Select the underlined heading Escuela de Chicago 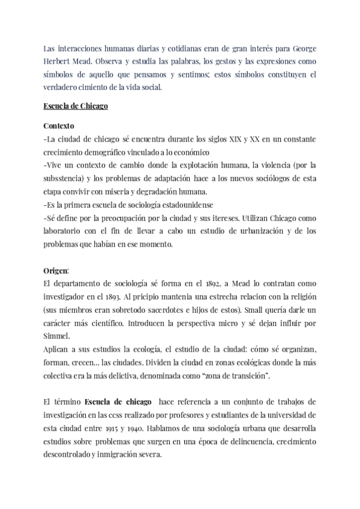[x=76, y=107]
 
